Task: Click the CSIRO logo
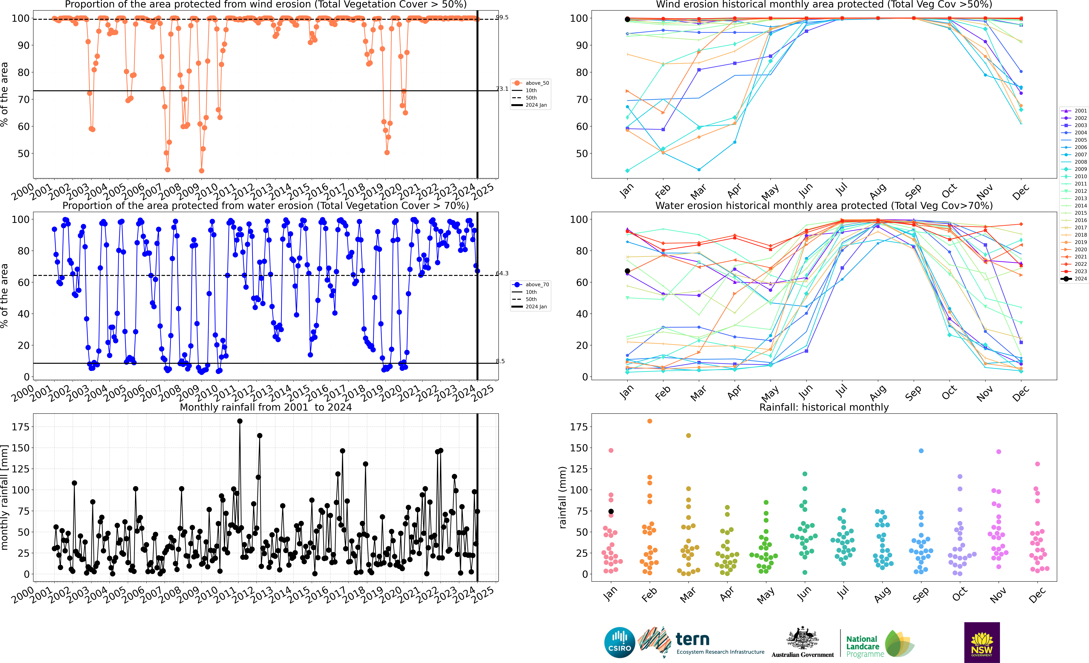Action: (x=620, y=642)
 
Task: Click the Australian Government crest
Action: (x=802, y=639)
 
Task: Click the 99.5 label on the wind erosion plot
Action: (x=502, y=18)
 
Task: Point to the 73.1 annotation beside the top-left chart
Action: (x=502, y=89)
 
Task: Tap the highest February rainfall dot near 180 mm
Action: (x=650, y=421)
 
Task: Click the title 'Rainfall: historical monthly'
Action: (x=824, y=408)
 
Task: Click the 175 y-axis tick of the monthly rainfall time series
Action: (x=21, y=427)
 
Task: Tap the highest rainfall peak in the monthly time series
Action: (x=240, y=421)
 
